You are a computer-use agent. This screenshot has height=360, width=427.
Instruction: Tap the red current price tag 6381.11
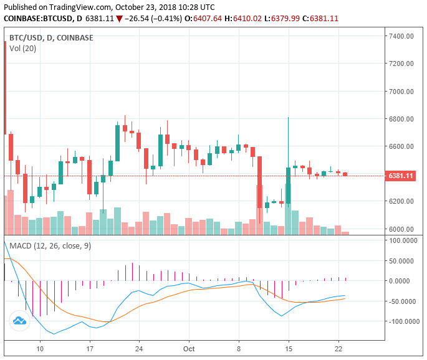pos(401,176)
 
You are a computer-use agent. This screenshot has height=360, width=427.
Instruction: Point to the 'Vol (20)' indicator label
pos(23,48)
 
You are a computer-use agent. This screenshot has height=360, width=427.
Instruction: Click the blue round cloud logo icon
pos(19,321)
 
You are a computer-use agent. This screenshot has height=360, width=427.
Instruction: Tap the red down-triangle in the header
pos(120,19)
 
